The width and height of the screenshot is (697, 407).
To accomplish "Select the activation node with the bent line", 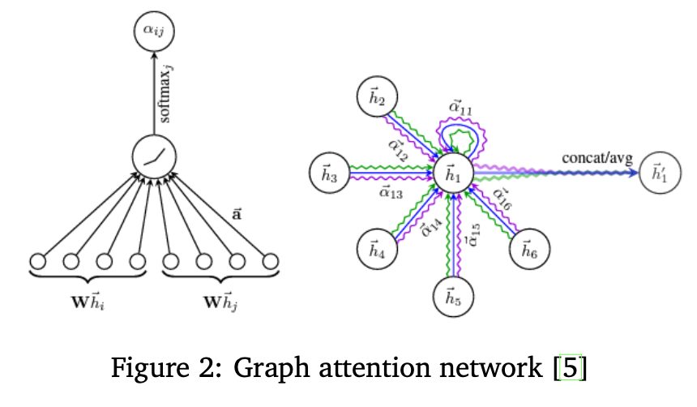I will click(154, 157).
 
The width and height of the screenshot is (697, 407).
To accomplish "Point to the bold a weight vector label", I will click(237, 216).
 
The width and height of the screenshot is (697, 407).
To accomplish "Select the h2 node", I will click(377, 100).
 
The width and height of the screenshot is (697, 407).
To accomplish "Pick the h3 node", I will click(328, 173).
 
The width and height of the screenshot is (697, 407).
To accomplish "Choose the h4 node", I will click(377, 246).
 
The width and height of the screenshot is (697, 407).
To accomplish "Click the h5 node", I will click(453, 297).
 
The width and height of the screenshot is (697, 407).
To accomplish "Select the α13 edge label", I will click(391, 193).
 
